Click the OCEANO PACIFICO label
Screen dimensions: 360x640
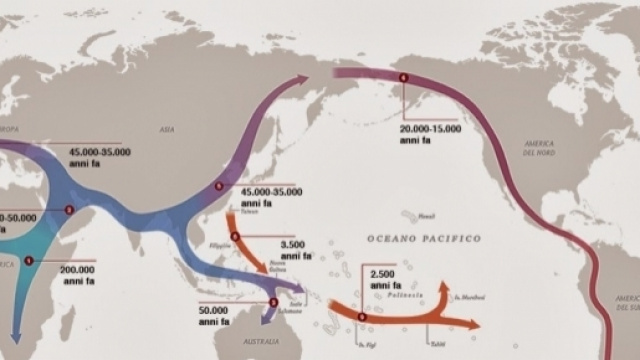click(x=423, y=238)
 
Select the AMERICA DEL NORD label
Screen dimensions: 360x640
click(x=538, y=150)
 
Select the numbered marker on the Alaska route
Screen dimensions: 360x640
click(x=404, y=77)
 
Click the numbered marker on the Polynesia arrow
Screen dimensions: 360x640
click(x=362, y=317)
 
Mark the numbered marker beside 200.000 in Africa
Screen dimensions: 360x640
click(x=29, y=261)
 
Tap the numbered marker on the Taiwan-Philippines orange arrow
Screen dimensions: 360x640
click(x=235, y=236)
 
